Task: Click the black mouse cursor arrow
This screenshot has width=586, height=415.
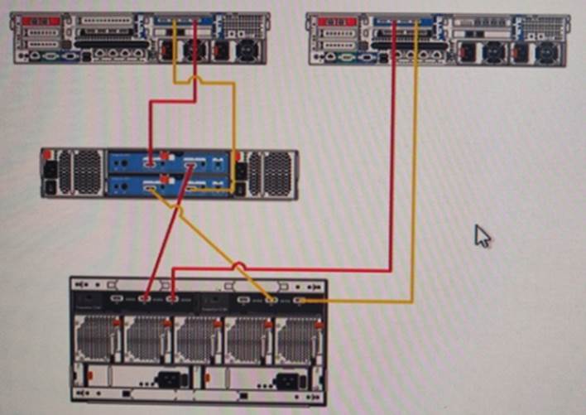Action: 482,236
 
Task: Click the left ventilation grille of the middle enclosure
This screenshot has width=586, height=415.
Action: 86,172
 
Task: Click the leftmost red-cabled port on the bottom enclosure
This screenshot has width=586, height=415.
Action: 146,298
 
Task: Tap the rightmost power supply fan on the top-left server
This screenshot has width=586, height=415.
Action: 247,51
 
